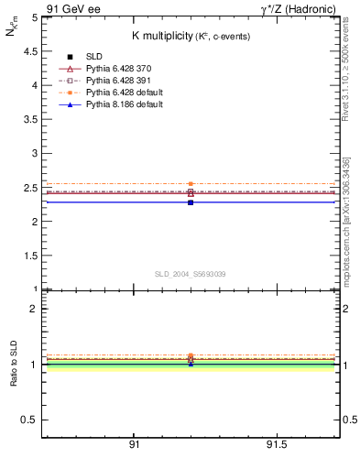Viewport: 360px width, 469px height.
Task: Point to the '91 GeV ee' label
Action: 71,8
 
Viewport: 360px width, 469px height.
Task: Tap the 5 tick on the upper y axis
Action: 34,17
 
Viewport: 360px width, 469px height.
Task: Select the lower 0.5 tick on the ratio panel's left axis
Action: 30,420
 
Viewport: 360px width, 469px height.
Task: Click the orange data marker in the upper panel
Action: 191,184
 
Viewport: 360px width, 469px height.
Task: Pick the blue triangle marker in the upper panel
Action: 191,202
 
